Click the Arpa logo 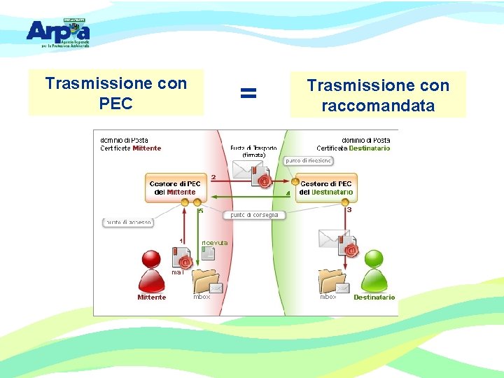tap(58, 32)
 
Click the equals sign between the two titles tap(248, 92)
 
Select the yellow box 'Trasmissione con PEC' tap(116, 93)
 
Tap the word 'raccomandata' tap(378, 106)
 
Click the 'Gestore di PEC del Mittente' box tap(175, 188)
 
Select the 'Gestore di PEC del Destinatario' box tap(326, 188)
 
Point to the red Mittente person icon tap(152, 270)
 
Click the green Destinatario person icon tap(374, 270)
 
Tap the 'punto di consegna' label tap(254, 215)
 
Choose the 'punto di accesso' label tap(128, 223)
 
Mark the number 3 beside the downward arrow tap(349, 209)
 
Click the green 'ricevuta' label tap(214, 242)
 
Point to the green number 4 tap(288, 193)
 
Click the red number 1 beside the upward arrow tap(181, 240)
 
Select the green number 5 tap(200, 210)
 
